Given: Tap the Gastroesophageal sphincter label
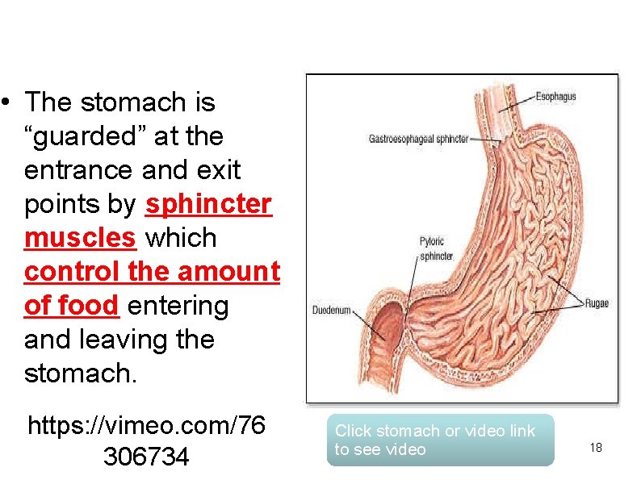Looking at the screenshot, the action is pyautogui.click(x=418, y=139).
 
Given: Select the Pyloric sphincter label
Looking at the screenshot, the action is pyautogui.click(x=437, y=249).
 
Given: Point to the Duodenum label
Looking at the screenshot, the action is pyautogui.click(x=332, y=310).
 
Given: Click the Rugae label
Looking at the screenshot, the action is pyautogui.click(x=597, y=303).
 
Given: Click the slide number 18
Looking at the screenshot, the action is pyautogui.click(x=596, y=448).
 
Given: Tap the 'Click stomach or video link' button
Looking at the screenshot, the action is pyautogui.click(x=440, y=440).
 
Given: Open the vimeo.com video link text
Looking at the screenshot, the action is pyautogui.click(x=146, y=440).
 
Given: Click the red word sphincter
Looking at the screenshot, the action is pyautogui.click(x=207, y=205).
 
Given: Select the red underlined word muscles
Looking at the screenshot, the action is pyautogui.click(x=80, y=239).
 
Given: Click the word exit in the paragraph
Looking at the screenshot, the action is pyautogui.click(x=216, y=171).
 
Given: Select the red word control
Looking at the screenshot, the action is pyautogui.click(x=72, y=273).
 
